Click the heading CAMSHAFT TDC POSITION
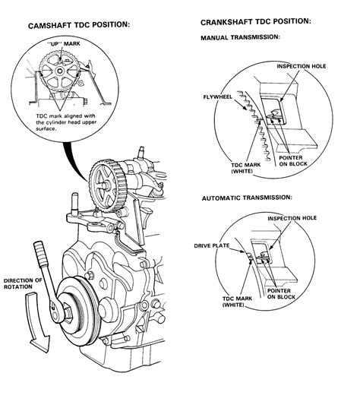pyautogui.click(x=79, y=25)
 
